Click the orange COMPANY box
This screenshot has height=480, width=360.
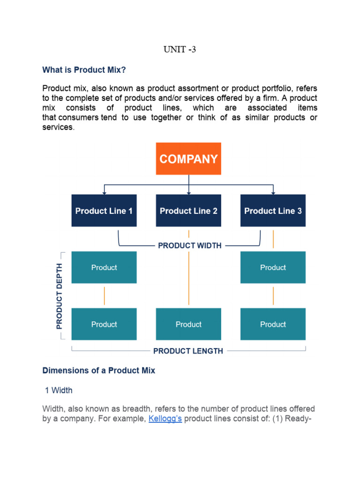[188, 159]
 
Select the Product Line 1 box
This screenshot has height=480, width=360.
[104, 211]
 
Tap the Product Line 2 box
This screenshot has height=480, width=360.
[188, 211]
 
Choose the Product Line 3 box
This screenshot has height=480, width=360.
[273, 211]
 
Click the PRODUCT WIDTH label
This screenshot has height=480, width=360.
[190, 245]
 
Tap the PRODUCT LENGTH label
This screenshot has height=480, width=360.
[188, 351]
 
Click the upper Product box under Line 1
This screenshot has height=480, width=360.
[104, 268]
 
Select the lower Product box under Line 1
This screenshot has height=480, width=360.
[104, 324]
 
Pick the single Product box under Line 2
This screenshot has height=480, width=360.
[188, 324]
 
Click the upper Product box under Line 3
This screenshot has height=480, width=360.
[273, 268]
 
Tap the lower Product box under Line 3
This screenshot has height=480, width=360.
[273, 324]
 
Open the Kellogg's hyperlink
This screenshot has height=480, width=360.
[165, 419]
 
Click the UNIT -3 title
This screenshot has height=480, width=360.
[180, 49]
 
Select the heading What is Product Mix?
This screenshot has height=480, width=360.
[84, 70]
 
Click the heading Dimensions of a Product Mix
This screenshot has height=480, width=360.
[98, 370]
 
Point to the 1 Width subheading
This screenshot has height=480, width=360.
[59, 390]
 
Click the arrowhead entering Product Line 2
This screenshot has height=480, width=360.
[188, 192]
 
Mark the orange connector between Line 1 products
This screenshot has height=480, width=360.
[104, 296]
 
